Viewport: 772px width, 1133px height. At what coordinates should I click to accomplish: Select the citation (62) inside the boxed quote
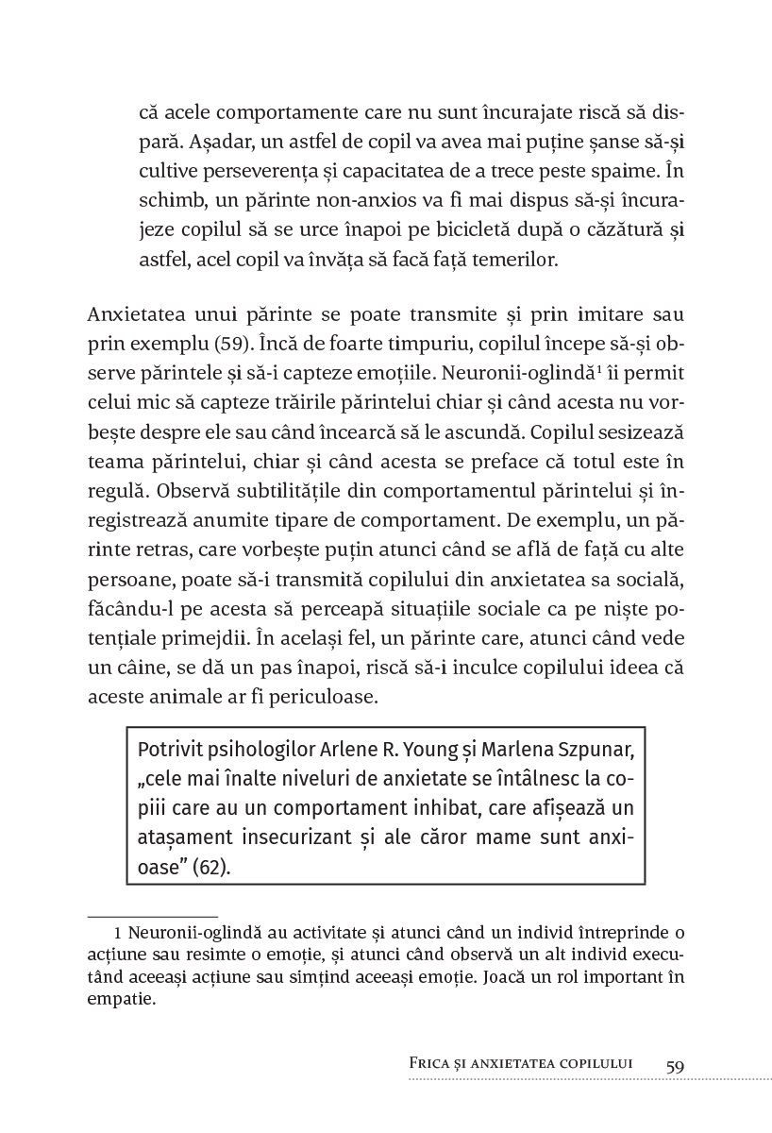pos(210,867)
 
